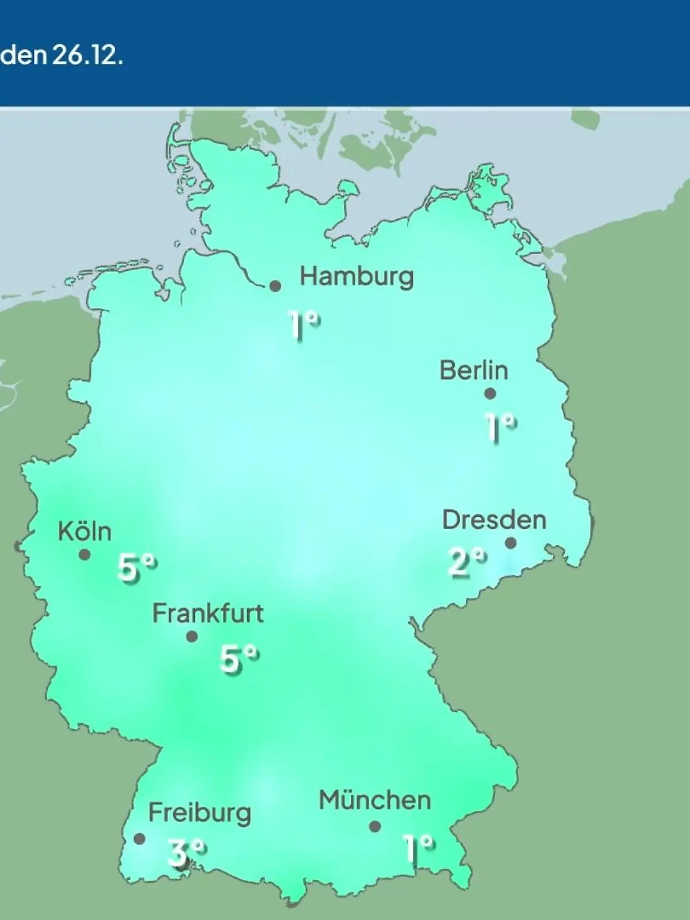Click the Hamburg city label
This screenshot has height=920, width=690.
[x=356, y=277]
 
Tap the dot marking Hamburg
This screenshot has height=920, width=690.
[x=275, y=286]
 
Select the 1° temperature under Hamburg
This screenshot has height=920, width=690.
[x=304, y=325]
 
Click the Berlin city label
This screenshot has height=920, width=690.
[x=474, y=370]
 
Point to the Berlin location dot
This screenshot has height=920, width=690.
[x=490, y=394]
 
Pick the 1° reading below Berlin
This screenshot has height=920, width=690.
[x=500, y=427]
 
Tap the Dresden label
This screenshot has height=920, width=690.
[x=494, y=520]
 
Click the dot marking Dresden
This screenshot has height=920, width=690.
[x=511, y=543]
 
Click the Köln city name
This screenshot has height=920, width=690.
[x=85, y=531]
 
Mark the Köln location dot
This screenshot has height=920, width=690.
[x=85, y=555]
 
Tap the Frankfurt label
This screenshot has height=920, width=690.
[x=208, y=614]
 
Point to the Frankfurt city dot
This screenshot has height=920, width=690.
[x=192, y=637]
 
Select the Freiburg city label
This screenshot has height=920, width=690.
[x=200, y=813]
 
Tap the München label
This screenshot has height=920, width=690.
[x=375, y=800]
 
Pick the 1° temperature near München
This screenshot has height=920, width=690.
[x=418, y=848]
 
